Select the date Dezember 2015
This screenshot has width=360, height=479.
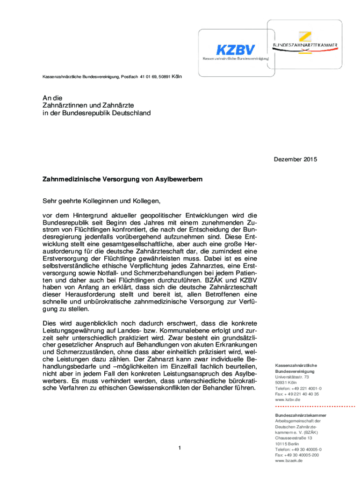(x=295, y=160)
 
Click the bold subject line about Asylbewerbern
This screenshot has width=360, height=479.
(x=122, y=179)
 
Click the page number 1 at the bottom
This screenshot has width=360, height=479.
(x=179, y=449)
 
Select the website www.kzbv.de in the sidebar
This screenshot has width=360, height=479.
(x=287, y=399)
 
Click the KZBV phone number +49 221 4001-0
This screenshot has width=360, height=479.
(x=298, y=388)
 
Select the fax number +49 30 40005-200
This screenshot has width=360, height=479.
(x=297, y=455)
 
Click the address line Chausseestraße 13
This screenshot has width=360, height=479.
(x=294, y=438)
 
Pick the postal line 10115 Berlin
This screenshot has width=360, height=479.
(x=287, y=443)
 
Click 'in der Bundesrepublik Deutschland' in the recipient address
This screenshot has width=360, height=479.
(x=96, y=113)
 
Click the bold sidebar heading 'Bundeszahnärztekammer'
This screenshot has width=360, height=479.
(x=301, y=415)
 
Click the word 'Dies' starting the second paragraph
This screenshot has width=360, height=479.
(x=49, y=323)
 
